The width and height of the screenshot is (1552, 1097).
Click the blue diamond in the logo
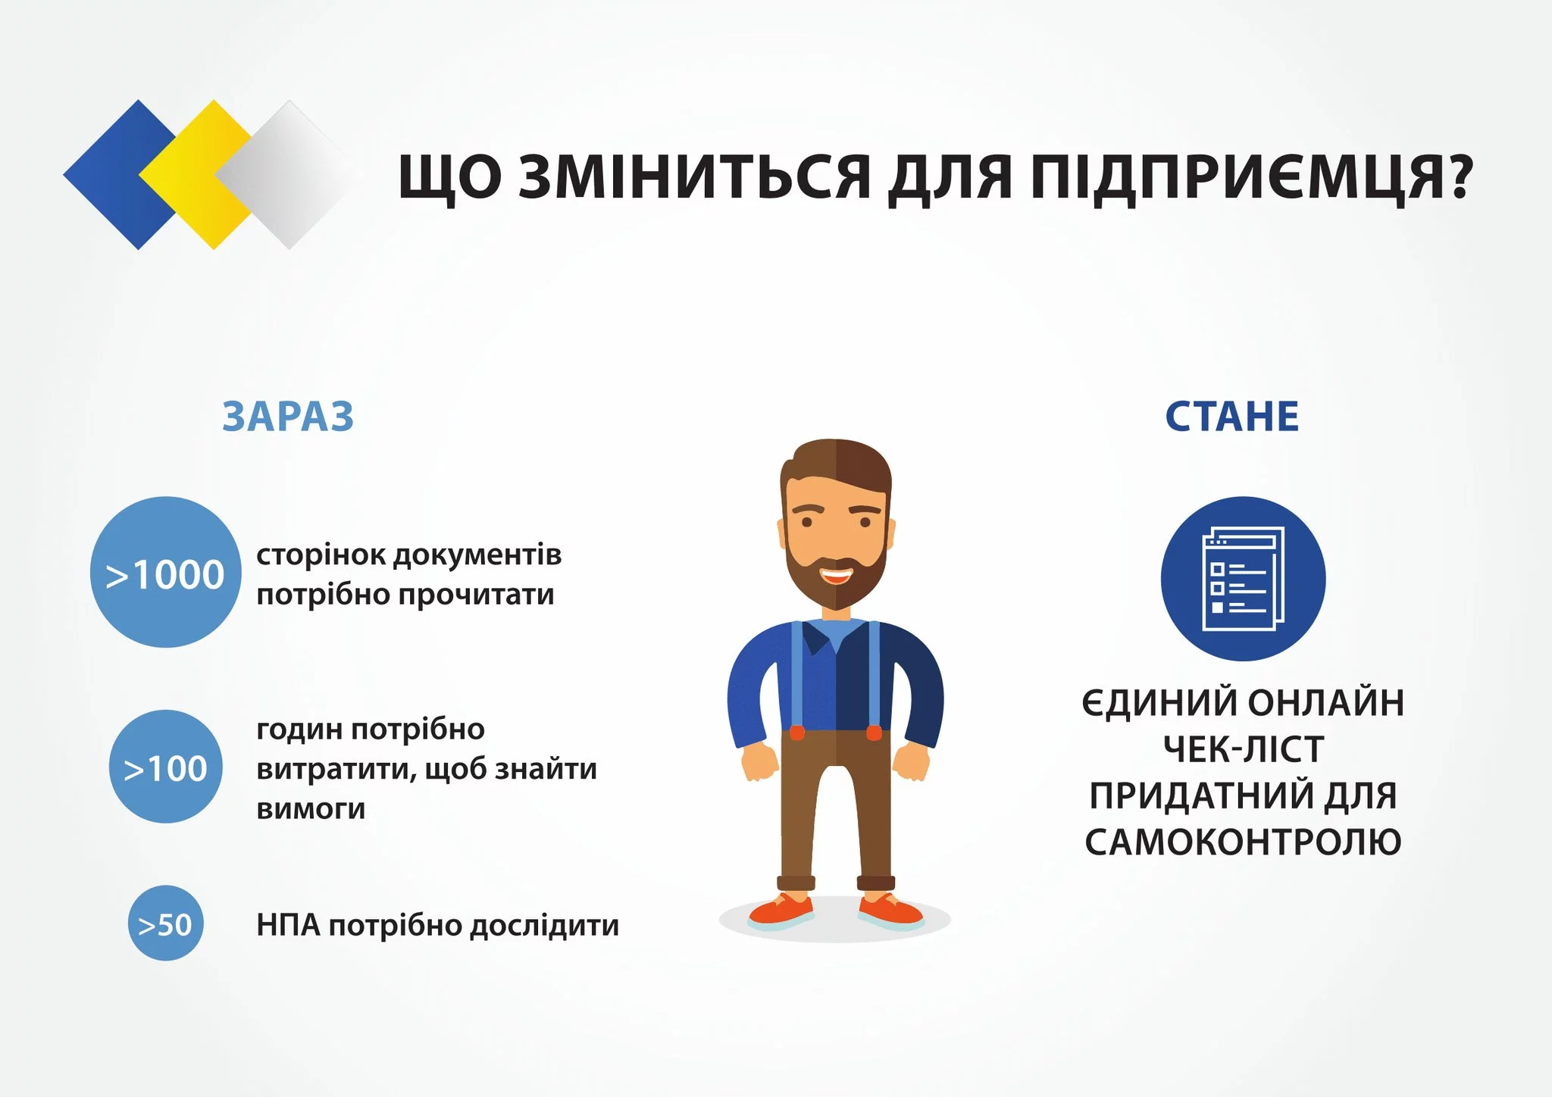pyautogui.click(x=114, y=175)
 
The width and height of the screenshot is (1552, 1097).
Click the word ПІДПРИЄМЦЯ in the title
pyautogui.click(x=1228, y=179)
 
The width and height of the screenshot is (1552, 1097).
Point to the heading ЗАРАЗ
pyautogui.click(x=288, y=417)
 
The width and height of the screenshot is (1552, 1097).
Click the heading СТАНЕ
pyautogui.click(x=1232, y=417)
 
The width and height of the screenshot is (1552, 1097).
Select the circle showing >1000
pyautogui.click(x=165, y=572)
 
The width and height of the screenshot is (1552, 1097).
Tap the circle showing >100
pyautogui.click(x=165, y=767)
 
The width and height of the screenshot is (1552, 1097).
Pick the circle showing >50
pyautogui.click(x=165, y=924)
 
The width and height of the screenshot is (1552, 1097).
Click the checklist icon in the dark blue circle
pyautogui.click(x=1243, y=579)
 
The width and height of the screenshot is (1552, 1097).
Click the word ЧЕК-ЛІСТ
pyautogui.click(x=1244, y=749)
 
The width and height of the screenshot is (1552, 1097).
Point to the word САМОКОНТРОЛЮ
pyautogui.click(x=1243, y=842)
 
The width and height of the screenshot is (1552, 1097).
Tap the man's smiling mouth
pyautogui.click(x=836, y=576)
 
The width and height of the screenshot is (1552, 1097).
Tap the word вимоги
pyautogui.click(x=311, y=809)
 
